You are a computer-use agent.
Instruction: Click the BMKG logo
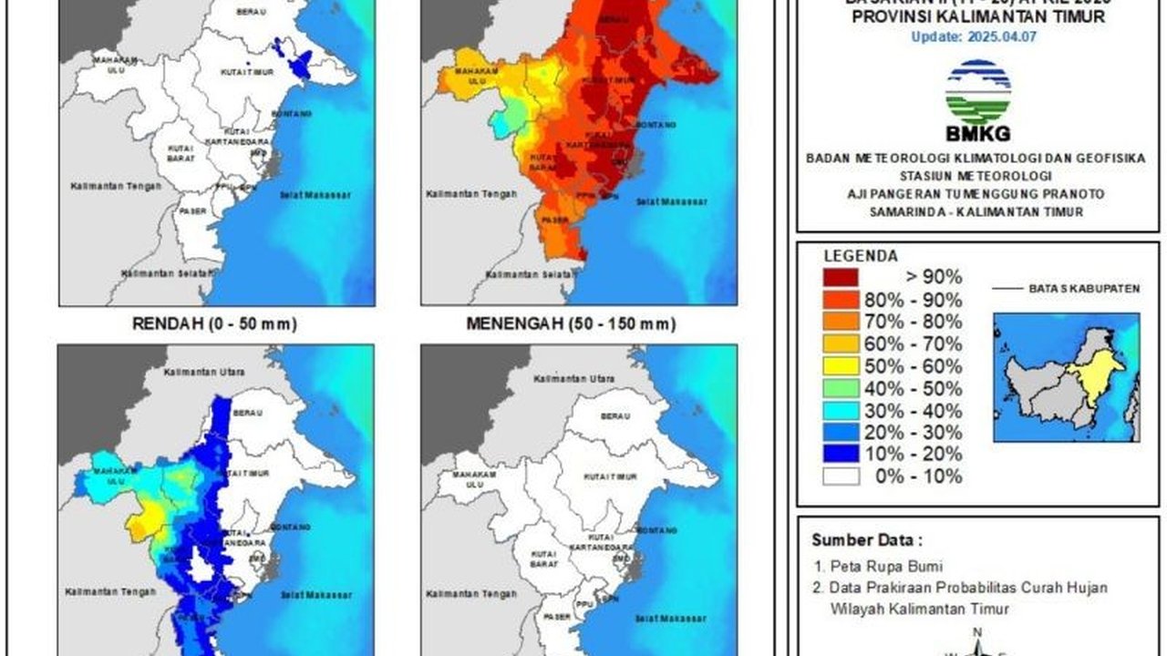(977, 100)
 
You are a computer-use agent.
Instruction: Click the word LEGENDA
(861, 256)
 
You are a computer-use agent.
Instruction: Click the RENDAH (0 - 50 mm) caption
(214, 323)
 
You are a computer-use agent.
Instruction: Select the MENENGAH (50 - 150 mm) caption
(571, 323)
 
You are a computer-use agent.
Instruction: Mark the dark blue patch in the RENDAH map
(296, 64)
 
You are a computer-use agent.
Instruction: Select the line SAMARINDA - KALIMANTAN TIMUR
(977, 211)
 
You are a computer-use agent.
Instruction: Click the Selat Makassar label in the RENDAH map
(315, 195)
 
